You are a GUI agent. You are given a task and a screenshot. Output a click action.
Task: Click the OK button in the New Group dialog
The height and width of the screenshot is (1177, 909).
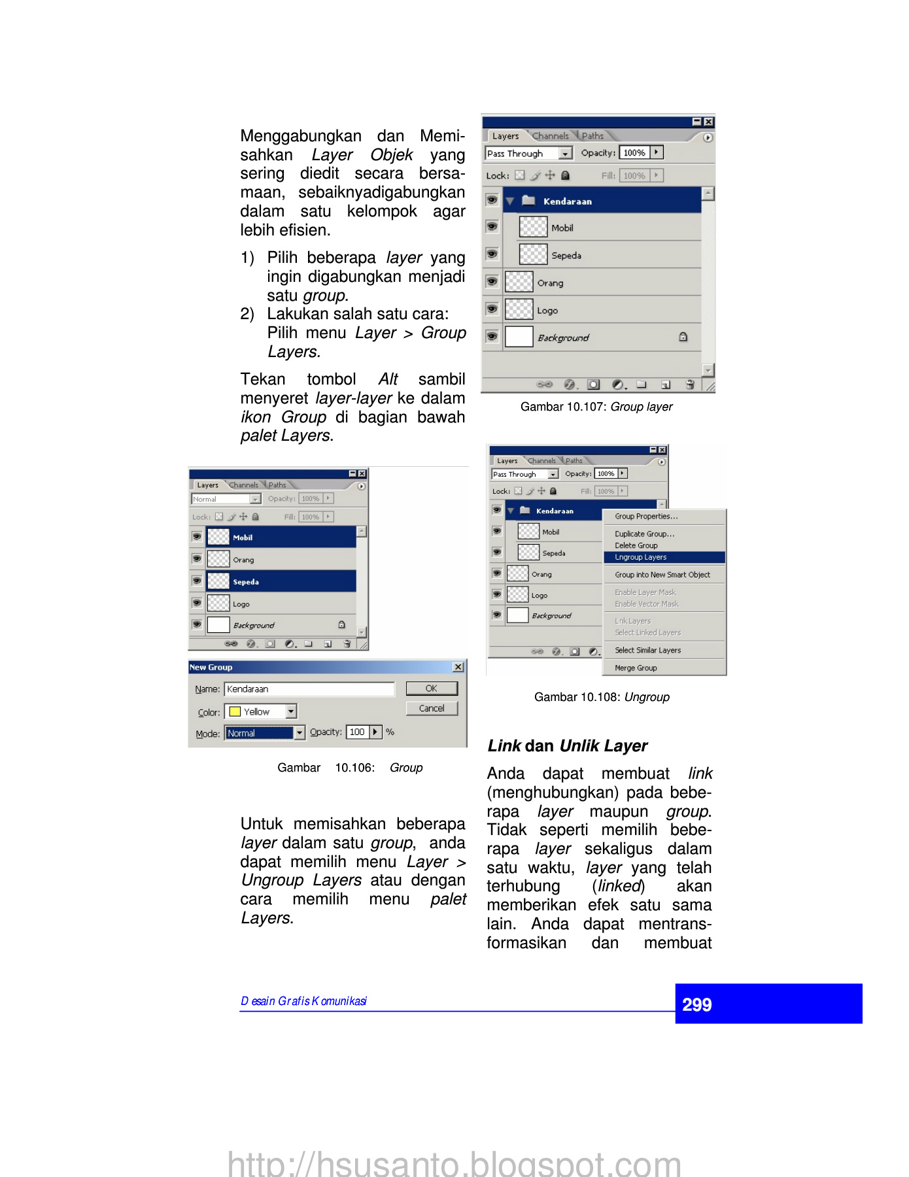point(432,689)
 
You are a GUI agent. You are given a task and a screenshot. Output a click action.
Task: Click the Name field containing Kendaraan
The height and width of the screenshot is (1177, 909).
point(309,689)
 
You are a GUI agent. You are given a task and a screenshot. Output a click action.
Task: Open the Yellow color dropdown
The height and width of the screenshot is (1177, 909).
point(292,711)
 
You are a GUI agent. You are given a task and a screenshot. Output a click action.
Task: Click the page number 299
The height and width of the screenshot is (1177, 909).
point(697,1004)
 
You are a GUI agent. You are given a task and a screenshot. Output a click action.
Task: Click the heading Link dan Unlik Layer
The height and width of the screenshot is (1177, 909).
point(567,746)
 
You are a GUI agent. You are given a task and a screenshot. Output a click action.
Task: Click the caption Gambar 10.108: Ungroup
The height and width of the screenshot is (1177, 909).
point(602,697)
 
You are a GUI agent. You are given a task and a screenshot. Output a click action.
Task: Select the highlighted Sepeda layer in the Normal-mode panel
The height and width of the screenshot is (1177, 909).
point(281,581)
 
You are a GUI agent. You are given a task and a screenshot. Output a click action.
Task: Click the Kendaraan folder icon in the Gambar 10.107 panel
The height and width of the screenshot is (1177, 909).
point(529,201)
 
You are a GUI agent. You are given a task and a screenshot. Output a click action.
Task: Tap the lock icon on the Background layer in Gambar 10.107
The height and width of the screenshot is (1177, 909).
point(683,337)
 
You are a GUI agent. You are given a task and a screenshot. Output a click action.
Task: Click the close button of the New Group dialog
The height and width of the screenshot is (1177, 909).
point(458,667)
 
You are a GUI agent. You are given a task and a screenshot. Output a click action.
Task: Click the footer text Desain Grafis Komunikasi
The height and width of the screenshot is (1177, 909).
point(303,1001)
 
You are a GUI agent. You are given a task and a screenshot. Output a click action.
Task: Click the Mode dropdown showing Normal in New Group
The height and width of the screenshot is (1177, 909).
point(265,733)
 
